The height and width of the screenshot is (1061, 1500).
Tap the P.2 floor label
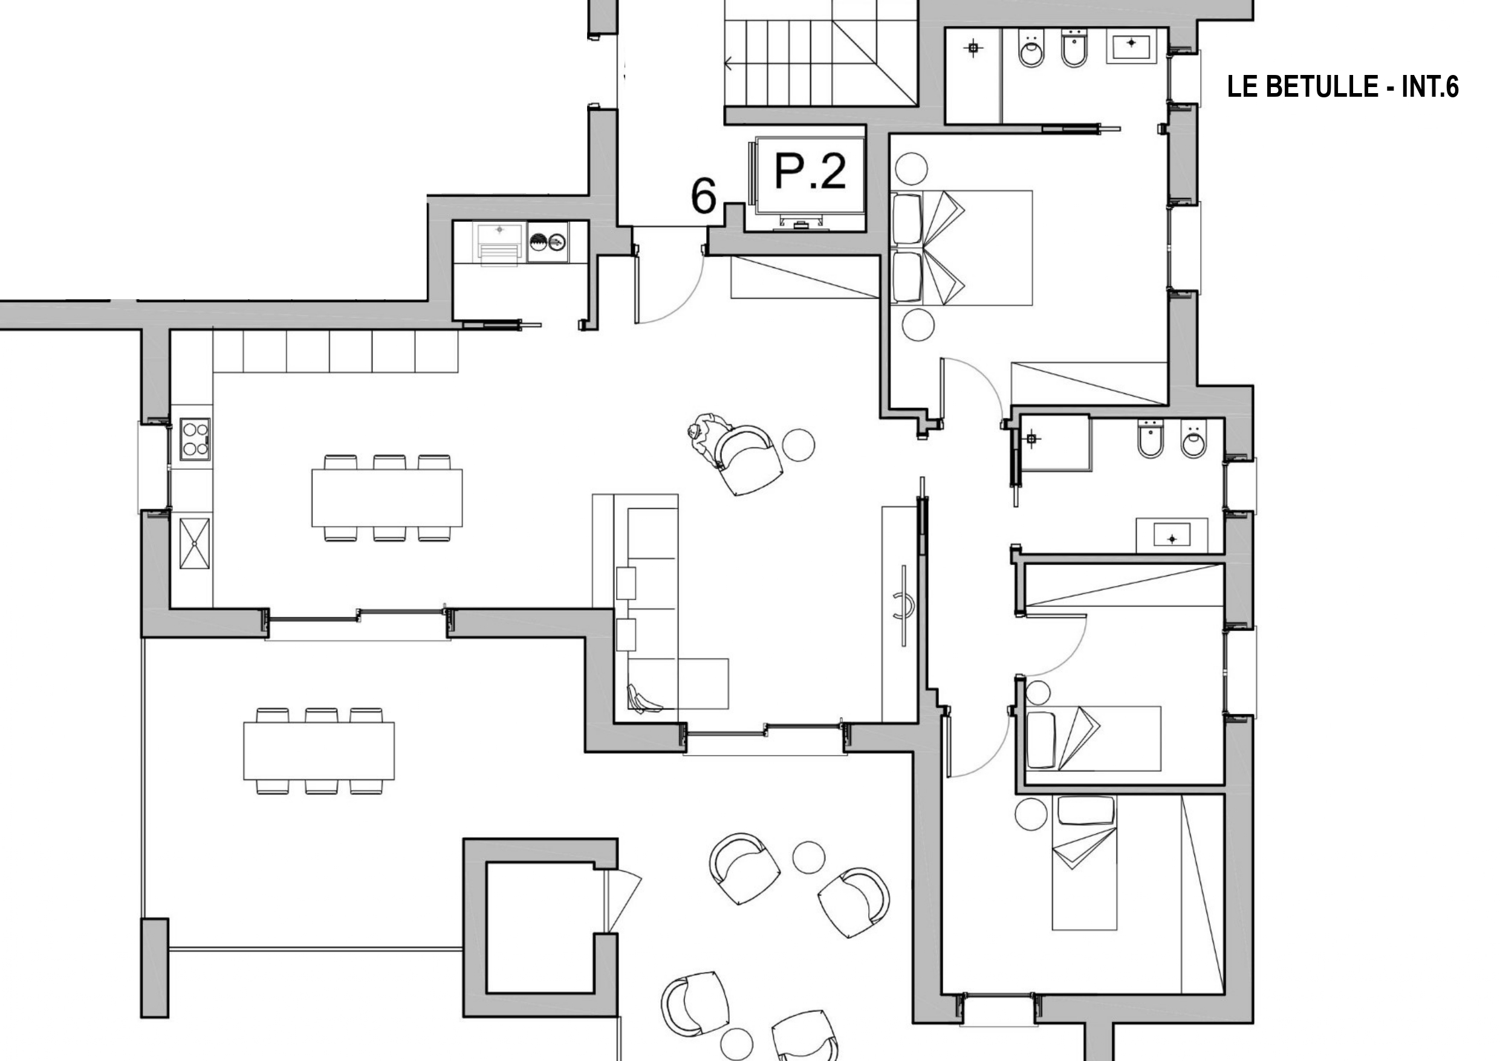tap(810, 170)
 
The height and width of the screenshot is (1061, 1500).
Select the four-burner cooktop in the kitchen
tap(195, 439)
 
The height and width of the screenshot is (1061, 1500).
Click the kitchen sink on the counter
tap(195, 543)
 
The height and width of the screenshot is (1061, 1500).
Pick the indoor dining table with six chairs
tap(387, 498)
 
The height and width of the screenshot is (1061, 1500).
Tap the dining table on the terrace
tap(319, 751)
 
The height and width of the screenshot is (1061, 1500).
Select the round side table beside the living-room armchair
tap(798, 444)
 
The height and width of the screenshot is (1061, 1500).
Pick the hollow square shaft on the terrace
tap(541, 928)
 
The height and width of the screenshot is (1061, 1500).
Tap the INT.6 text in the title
tap(1430, 86)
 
